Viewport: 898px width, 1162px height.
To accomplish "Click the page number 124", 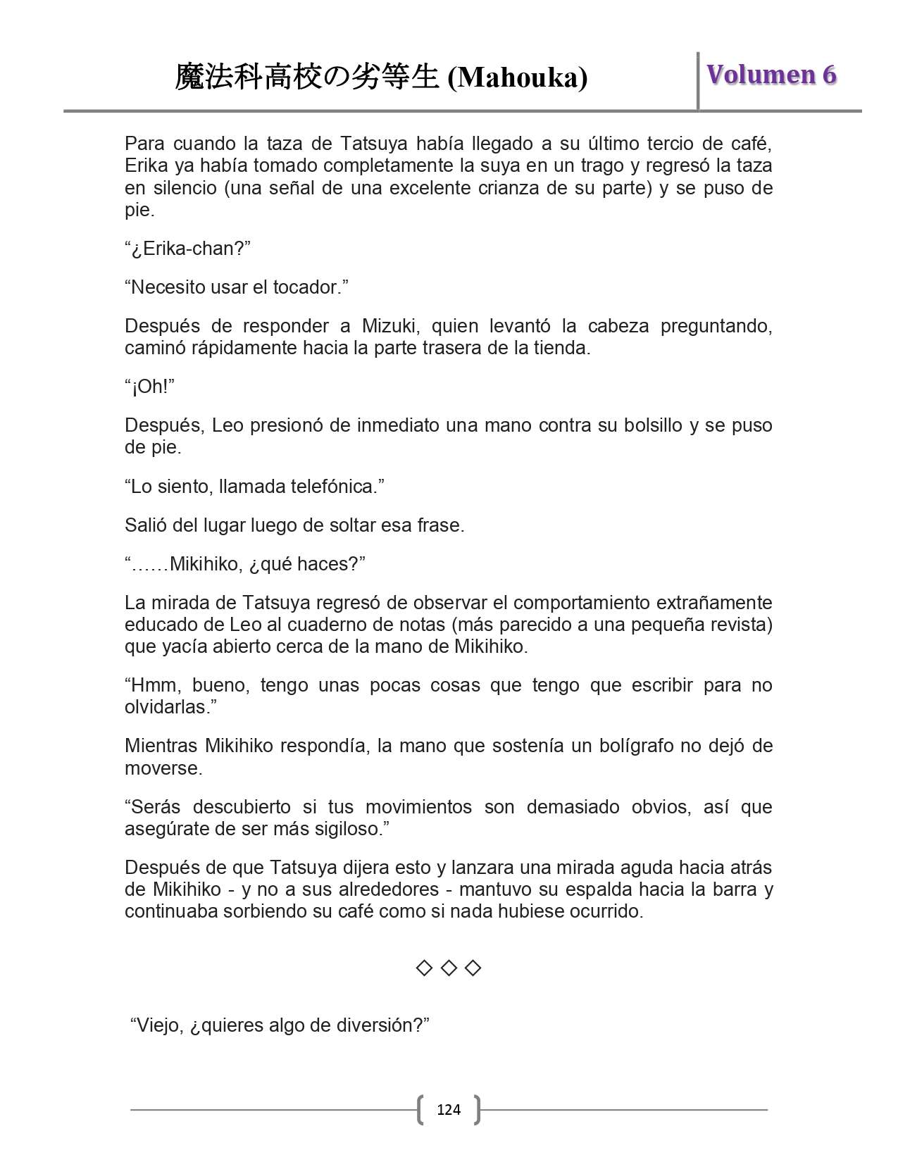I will [449, 1110].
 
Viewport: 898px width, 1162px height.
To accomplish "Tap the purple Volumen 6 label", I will [771, 75].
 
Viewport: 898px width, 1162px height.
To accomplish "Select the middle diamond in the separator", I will [449, 968].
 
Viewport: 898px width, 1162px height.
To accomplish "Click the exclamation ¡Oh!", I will [149, 387].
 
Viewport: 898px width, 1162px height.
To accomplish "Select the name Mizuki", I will [389, 326].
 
